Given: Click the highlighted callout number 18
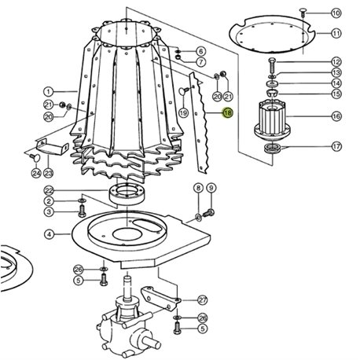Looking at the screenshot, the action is (x=227, y=112).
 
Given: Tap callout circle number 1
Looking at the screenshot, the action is (x=49, y=92).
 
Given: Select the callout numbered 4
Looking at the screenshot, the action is (x=50, y=234).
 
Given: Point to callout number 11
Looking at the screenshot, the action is (x=336, y=33).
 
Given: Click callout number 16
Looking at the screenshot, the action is (x=336, y=116).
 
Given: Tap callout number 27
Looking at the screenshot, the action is (x=202, y=299).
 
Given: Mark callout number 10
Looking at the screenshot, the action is (x=336, y=13).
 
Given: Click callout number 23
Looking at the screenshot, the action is (x=48, y=173).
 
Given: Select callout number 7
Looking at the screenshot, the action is (x=201, y=62).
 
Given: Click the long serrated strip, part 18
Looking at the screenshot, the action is (x=200, y=123).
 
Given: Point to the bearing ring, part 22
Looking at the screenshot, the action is (x=127, y=194).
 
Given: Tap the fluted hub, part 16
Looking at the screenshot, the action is (x=272, y=119).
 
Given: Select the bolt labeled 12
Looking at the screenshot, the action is (x=272, y=65).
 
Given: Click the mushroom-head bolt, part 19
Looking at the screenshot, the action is (x=184, y=90).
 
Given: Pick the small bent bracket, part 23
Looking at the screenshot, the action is (x=52, y=147).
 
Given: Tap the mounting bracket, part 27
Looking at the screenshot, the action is (x=160, y=298).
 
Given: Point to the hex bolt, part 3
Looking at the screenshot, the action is (x=82, y=211).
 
